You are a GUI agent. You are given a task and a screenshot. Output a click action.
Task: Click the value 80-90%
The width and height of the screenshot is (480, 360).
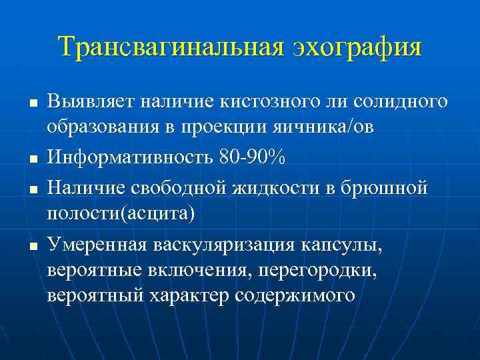[x=251, y=158]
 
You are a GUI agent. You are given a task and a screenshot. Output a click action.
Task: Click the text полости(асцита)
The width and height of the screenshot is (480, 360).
[x=121, y=214]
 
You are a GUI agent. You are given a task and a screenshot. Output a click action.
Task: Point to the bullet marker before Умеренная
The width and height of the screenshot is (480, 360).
[x=31, y=247]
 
